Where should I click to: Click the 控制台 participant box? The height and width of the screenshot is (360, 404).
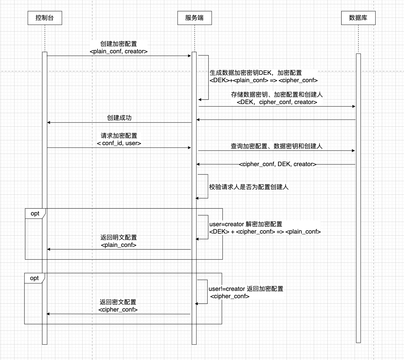click(45, 18)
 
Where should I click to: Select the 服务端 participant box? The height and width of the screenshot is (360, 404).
click(194, 18)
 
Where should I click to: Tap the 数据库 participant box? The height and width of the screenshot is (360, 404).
click(358, 18)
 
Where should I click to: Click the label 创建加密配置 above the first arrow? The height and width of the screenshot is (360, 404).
click(119, 44)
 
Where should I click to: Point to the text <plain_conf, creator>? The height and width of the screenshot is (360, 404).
click(119, 51)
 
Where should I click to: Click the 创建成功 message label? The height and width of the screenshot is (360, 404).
click(119, 118)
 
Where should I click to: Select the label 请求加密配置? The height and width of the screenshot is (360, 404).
click(119, 136)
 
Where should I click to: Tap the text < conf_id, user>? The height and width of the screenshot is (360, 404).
click(119, 143)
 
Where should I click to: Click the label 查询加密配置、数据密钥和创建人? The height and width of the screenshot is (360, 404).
click(276, 146)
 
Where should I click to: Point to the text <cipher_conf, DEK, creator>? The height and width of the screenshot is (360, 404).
click(277, 164)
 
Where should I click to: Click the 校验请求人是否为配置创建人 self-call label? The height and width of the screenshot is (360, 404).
click(249, 187)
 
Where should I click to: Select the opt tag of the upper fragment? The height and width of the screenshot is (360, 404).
click(35, 213)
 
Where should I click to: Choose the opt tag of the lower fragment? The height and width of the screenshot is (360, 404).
click(34, 278)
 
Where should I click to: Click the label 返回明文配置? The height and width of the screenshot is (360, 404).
click(119, 238)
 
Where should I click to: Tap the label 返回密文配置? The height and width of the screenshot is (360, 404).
click(118, 302)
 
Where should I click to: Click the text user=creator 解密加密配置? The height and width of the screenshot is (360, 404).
click(246, 224)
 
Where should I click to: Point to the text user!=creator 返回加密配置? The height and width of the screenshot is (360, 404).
click(246, 289)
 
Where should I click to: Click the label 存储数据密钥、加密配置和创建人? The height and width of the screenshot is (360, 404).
click(277, 95)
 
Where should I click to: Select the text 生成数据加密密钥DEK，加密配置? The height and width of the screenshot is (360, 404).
click(256, 73)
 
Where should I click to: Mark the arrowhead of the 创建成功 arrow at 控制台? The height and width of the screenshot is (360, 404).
click(49, 122)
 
